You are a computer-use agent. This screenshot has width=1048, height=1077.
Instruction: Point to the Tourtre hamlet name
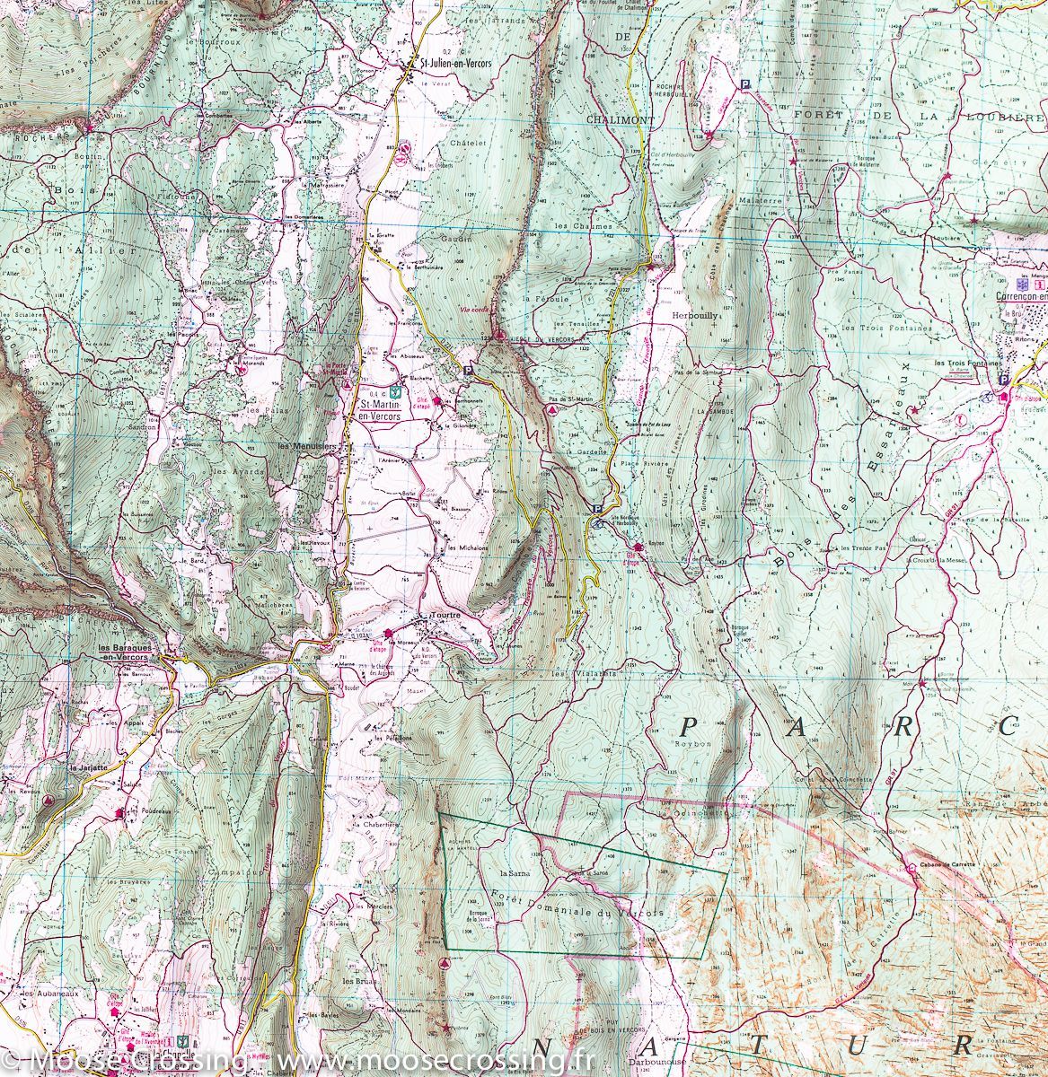pos(445,615)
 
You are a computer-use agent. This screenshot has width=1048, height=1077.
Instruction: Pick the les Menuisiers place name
pos(306,445)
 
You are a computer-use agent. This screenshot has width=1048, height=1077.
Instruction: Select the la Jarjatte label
pos(85,768)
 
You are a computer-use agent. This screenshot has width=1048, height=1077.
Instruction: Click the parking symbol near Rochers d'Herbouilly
pos(744,84)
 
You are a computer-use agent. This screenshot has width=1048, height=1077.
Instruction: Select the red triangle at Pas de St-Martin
pos(552,407)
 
